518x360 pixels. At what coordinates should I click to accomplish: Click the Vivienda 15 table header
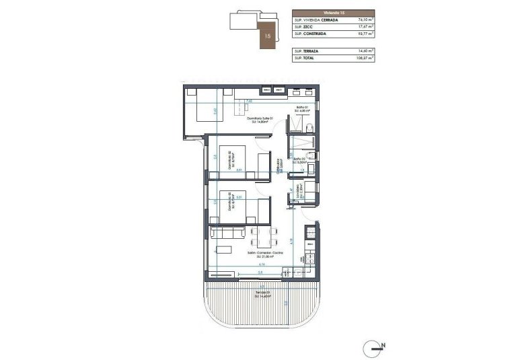[x=334, y=11]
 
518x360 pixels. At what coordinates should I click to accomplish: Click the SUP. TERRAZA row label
[x=307, y=51]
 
